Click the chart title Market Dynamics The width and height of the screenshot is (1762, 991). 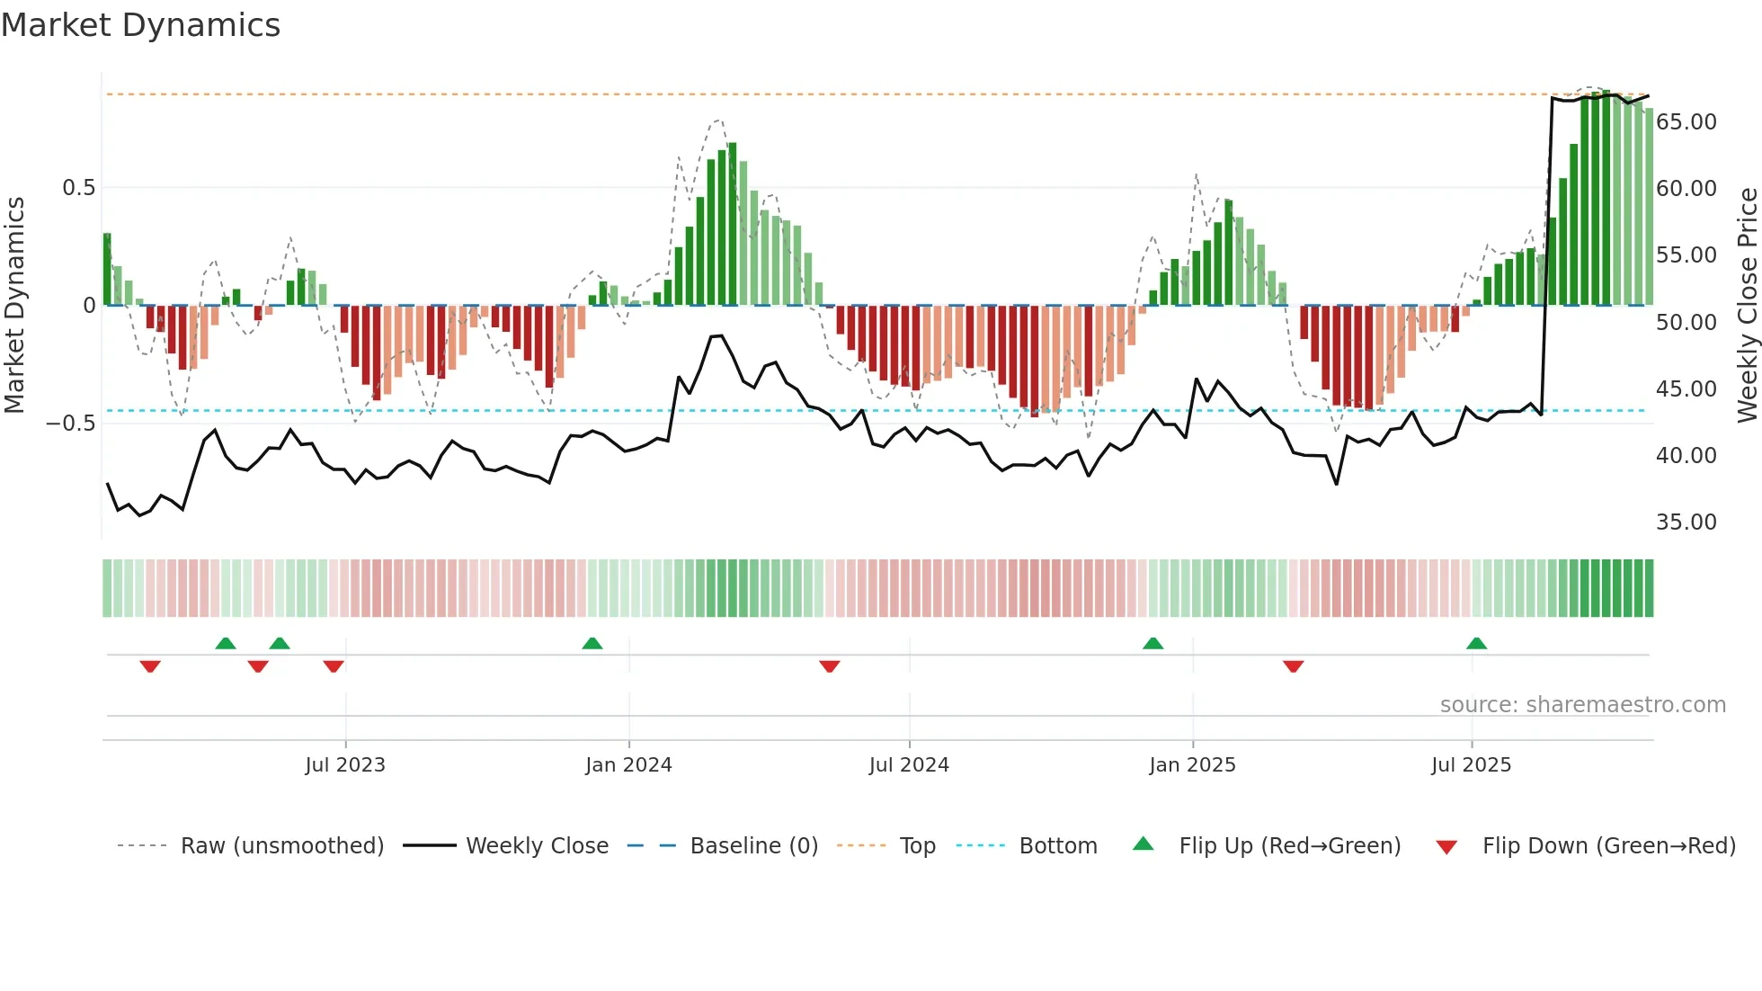click(140, 25)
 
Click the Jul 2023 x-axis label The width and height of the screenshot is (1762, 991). click(345, 765)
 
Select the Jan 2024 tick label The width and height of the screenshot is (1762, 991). click(628, 765)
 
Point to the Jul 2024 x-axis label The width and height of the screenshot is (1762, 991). click(909, 765)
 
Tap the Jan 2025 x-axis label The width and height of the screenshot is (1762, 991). click(1192, 765)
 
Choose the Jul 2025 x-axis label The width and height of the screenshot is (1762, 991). click(1472, 765)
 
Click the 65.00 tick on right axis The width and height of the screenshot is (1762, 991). click(1686, 122)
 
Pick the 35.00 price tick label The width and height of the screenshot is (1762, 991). click(1686, 522)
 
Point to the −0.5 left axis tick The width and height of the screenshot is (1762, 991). click(70, 424)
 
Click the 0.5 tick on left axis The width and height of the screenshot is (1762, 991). click(78, 188)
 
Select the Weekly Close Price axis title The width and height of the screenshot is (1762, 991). click(1747, 305)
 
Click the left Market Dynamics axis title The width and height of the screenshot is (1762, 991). click(14, 305)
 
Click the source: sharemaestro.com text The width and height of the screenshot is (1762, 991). click(1582, 705)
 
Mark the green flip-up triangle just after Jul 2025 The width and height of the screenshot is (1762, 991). click(1476, 644)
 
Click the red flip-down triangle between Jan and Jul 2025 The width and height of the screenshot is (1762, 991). click(1293, 666)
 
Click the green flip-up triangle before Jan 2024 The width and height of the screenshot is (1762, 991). click(592, 644)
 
